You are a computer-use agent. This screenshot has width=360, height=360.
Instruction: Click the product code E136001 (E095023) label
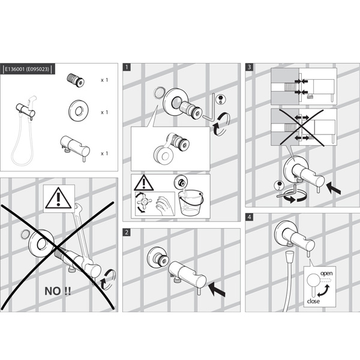point(28,69)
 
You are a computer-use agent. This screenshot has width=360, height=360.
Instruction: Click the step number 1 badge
point(127,67)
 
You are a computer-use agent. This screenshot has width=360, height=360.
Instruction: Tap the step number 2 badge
point(127,232)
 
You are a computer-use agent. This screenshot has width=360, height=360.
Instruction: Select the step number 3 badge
point(250,67)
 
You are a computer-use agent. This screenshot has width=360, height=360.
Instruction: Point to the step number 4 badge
point(250,217)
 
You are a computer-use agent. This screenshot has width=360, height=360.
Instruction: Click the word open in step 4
point(326,274)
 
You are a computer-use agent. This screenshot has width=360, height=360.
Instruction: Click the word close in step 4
point(313,301)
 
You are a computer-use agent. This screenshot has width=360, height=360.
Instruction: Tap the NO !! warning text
point(58,291)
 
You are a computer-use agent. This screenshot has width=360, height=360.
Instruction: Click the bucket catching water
point(191,203)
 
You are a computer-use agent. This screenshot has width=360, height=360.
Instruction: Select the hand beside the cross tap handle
point(164,205)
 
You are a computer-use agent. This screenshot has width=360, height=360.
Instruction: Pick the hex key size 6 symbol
point(221,100)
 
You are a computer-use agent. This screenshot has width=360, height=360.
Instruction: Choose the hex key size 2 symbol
point(279,185)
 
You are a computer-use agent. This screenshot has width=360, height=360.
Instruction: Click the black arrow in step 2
point(217,290)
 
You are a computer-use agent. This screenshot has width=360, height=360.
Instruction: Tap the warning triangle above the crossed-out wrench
point(58,198)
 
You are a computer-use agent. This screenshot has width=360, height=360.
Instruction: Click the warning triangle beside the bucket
point(144,183)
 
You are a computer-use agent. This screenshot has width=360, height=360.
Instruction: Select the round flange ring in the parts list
point(79,110)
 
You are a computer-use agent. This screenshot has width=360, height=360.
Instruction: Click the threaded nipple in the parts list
point(76,80)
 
